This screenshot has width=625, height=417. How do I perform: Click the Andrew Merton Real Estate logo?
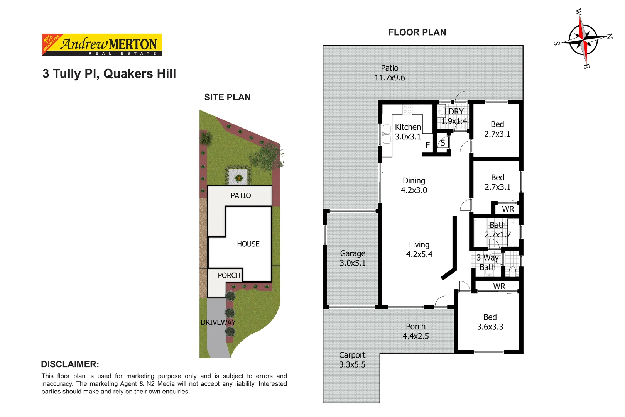tap(102, 45)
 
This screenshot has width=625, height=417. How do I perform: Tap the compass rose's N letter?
tap(610, 36)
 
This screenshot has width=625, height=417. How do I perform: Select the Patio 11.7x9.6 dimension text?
tap(390, 78)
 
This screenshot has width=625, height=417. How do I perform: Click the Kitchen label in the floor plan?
tap(408, 127)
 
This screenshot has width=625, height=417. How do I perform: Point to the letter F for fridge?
tap(427, 146)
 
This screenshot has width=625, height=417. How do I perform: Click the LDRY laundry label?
tap(454, 112)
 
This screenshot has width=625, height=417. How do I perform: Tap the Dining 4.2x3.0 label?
tap(414, 185)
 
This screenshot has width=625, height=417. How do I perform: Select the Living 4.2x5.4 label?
tap(419, 249)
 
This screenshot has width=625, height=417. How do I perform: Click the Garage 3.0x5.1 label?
tap(353, 258)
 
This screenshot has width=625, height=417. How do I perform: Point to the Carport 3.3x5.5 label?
tap(352, 360)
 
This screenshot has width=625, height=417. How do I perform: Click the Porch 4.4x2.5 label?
tap(416, 331)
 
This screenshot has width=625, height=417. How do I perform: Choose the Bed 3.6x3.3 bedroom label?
tap(490, 322)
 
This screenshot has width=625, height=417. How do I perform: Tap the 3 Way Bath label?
tap(487, 262)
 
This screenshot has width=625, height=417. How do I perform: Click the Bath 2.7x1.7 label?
tap(497, 230)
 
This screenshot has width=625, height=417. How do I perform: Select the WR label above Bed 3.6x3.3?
tap(499, 286)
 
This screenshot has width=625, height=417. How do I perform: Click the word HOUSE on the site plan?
tap(248, 244)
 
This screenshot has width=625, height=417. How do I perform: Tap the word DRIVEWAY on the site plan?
tap(218, 322)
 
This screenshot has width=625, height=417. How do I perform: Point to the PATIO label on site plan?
tap(241, 196)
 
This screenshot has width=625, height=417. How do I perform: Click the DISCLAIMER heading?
tap(70, 364)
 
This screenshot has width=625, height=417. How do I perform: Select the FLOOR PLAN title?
tap(417, 32)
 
